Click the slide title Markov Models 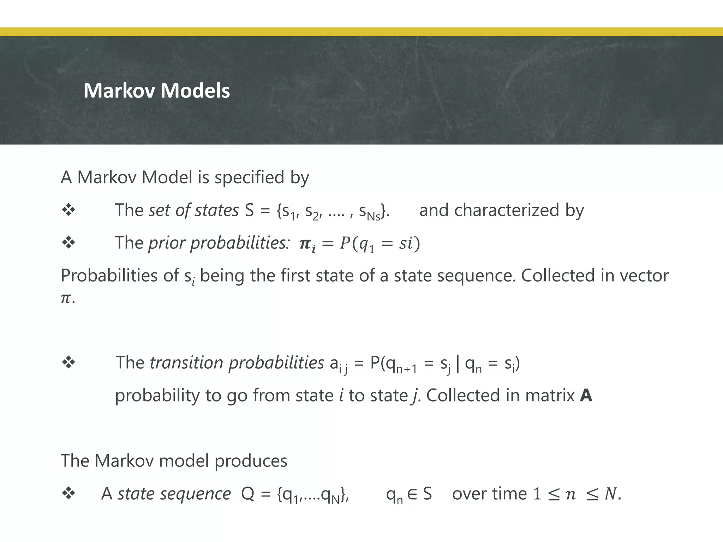pyautogui.click(x=157, y=91)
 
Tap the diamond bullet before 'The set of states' pyautogui.click(x=68, y=210)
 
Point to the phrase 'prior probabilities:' pyautogui.click(x=219, y=243)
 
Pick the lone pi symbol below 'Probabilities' pyautogui.click(x=66, y=299)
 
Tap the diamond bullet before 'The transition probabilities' pyautogui.click(x=68, y=362)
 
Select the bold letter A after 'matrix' pyautogui.click(x=586, y=396)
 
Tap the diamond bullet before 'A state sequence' pyautogui.click(x=68, y=493)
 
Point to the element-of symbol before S pyautogui.click(x=412, y=494)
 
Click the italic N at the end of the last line pyautogui.click(x=610, y=494)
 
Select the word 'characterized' pyautogui.click(x=507, y=210)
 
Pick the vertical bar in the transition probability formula pyautogui.click(x=458, y=363)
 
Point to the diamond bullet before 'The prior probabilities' pyautogui.click(x=68, y=242)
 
